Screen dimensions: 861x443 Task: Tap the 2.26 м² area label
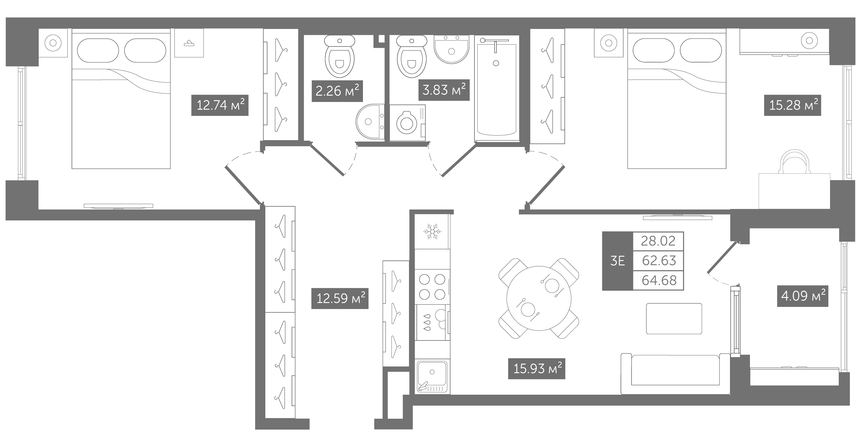[x=337, y=91]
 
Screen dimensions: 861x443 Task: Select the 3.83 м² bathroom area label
[x=444, y=90]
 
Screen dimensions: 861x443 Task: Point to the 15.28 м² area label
[x=792, y=105]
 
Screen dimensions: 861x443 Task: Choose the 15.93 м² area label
[x=536, y=368]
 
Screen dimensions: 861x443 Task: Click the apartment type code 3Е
[x=617, y=261]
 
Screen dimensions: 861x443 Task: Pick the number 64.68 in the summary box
[x=659, y=280]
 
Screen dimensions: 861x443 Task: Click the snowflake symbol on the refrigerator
[x=432, y=231]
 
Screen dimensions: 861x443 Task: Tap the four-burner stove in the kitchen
[x=433, y=287]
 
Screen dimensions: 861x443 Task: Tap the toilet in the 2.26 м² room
[x=340, y=56]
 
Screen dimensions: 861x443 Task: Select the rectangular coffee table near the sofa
[x=674, y=319]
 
